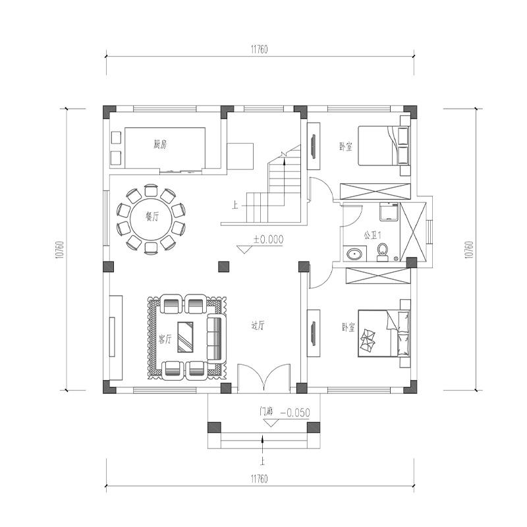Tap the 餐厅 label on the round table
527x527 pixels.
point(152,217)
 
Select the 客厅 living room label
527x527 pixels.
point(165,339)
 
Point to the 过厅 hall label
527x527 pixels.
point(258,325)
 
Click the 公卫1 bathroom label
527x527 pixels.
point(371,235)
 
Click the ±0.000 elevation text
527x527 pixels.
point(267,240)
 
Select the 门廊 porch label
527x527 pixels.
point(265,412)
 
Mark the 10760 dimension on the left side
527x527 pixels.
point(60,250)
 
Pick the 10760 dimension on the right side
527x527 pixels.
point(468,250)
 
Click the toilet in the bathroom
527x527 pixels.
point(383,251)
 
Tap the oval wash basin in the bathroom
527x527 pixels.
point(354,254)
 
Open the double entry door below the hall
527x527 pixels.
point(263,380)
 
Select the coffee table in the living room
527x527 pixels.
point(186,336)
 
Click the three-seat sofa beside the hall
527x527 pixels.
point(215,337)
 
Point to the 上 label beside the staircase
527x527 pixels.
point(235,205)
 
